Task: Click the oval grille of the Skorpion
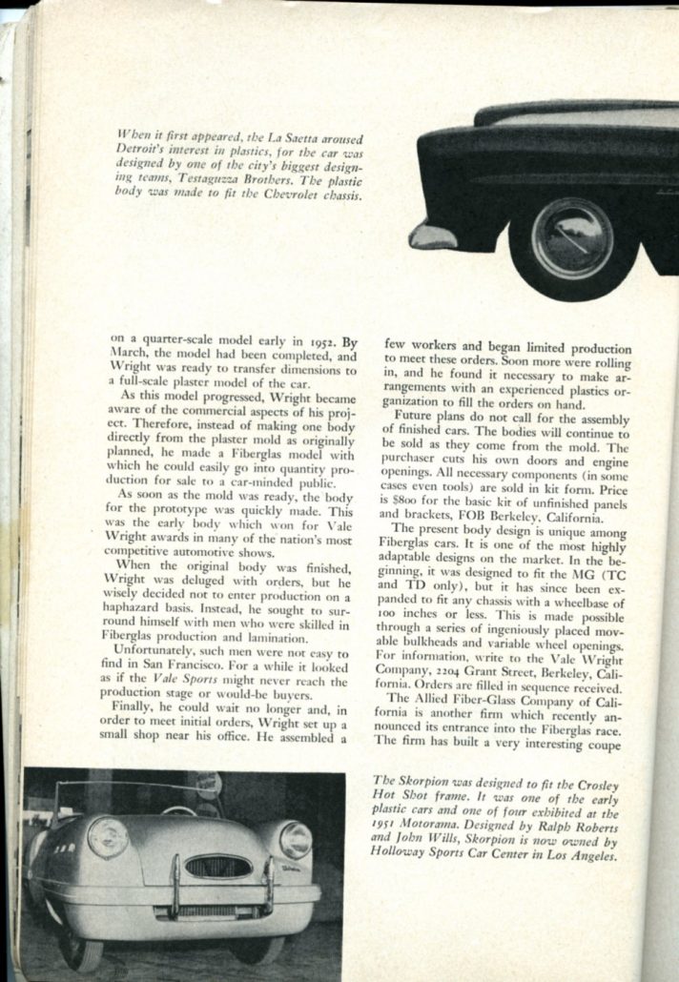pos(218,866)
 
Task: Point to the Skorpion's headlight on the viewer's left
pos(107,838)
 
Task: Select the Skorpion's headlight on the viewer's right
pos(295,840)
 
